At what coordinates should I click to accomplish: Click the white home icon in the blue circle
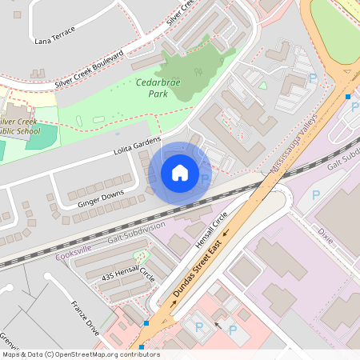pos(180,172)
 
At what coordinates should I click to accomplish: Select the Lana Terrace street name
pos(55,34)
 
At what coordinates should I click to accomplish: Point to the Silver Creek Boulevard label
pos(90,68)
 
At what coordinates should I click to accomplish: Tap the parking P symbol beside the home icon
pos(206,179)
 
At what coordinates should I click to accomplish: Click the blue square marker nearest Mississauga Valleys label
pos(348,97)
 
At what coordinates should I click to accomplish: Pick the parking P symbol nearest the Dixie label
pos(315,194)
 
